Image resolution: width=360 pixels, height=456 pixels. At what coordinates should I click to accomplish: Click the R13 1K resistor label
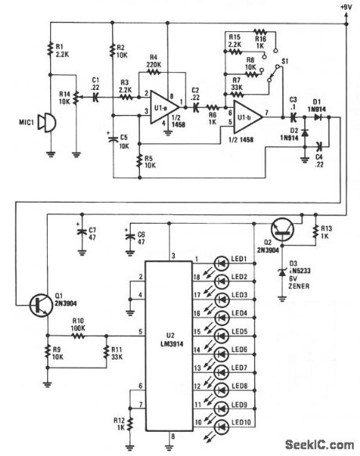(328, 232)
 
